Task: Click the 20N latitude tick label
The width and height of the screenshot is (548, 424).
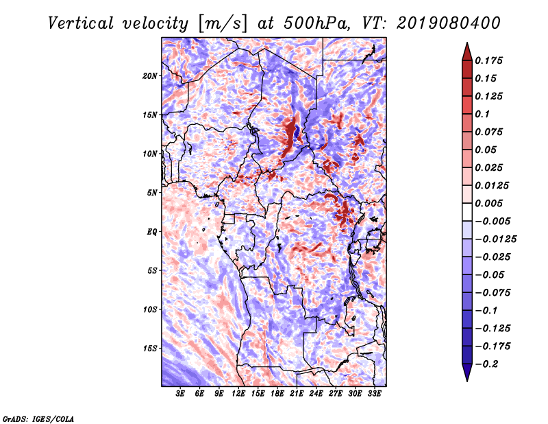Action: coord(150,75)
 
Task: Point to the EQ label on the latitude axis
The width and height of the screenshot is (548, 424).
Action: coord(151,231)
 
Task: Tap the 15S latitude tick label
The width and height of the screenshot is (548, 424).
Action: coord(150,348)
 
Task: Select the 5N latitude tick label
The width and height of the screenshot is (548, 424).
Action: coord(152,192)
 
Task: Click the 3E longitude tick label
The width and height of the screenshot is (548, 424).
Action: coord(181,394)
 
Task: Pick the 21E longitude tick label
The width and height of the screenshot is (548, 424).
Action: coord(297,394)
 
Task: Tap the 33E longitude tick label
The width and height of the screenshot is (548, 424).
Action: coord(374,394)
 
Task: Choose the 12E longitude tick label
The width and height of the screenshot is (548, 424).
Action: coord(238,394)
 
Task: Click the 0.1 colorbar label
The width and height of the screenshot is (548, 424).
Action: coord(483,114)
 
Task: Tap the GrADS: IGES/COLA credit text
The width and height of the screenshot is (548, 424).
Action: coord(38,418)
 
